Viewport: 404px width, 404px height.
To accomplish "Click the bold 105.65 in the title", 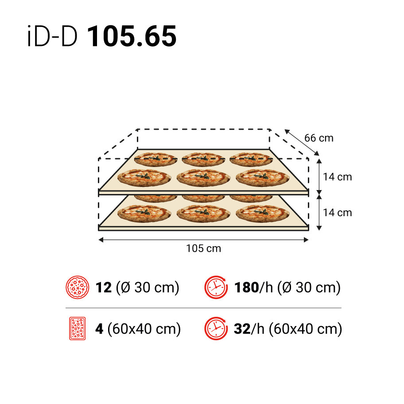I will coord(132,36).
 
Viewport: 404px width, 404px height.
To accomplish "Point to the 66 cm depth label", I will coord(319,138).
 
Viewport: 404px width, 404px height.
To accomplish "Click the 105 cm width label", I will coord(203,249).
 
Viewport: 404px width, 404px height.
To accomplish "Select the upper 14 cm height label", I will coord(337,177).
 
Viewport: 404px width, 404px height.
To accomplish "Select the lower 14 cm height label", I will coord(337,213).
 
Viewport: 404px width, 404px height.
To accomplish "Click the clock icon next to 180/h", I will coord(215,287).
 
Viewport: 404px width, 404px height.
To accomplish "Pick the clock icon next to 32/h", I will coord(215,329).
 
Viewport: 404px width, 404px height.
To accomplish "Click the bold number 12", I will coord(104,287).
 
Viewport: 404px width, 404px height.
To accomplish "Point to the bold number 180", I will coord(246,287).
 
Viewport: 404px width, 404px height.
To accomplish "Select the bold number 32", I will coord(242,329).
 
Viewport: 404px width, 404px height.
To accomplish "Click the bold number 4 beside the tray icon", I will coord(100,329).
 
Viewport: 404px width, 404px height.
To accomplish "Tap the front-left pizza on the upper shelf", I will coord(144,178).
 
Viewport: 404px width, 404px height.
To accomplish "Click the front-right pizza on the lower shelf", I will coord(262,214).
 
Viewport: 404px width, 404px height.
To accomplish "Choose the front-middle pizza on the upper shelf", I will coord(203,178).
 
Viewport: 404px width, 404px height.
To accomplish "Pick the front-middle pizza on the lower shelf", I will coord(203,214).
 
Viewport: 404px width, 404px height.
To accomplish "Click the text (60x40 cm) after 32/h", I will coord(306,329).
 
